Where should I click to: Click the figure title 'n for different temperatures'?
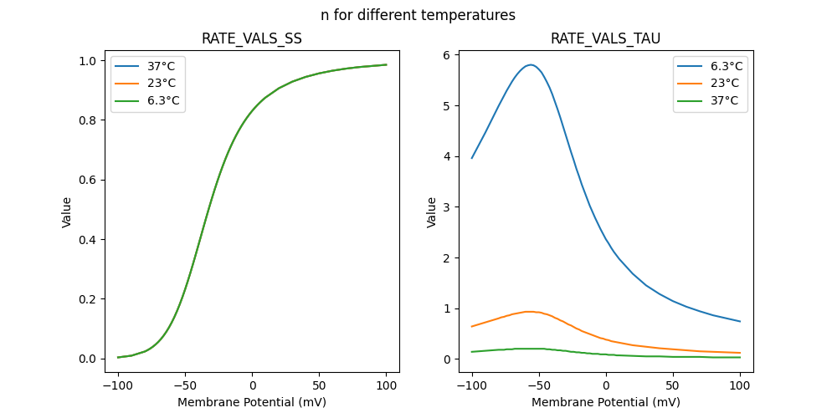(x=418, y=15)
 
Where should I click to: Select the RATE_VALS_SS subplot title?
(x=252, y=38)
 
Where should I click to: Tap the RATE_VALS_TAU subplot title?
(x=605, y=38)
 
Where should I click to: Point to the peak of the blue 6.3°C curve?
(x=531, y=64)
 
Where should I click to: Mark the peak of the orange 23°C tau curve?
(x=529, y=312)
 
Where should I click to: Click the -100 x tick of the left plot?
(x=118, y=385)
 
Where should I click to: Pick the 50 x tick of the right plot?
(x=673, y=385)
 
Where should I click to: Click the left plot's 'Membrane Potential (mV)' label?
(x=252, y=402)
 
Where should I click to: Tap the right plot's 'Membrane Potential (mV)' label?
(x=605, y=402)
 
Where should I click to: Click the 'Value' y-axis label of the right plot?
(x=432, y=212)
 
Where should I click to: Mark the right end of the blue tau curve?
(x=740, y=322)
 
